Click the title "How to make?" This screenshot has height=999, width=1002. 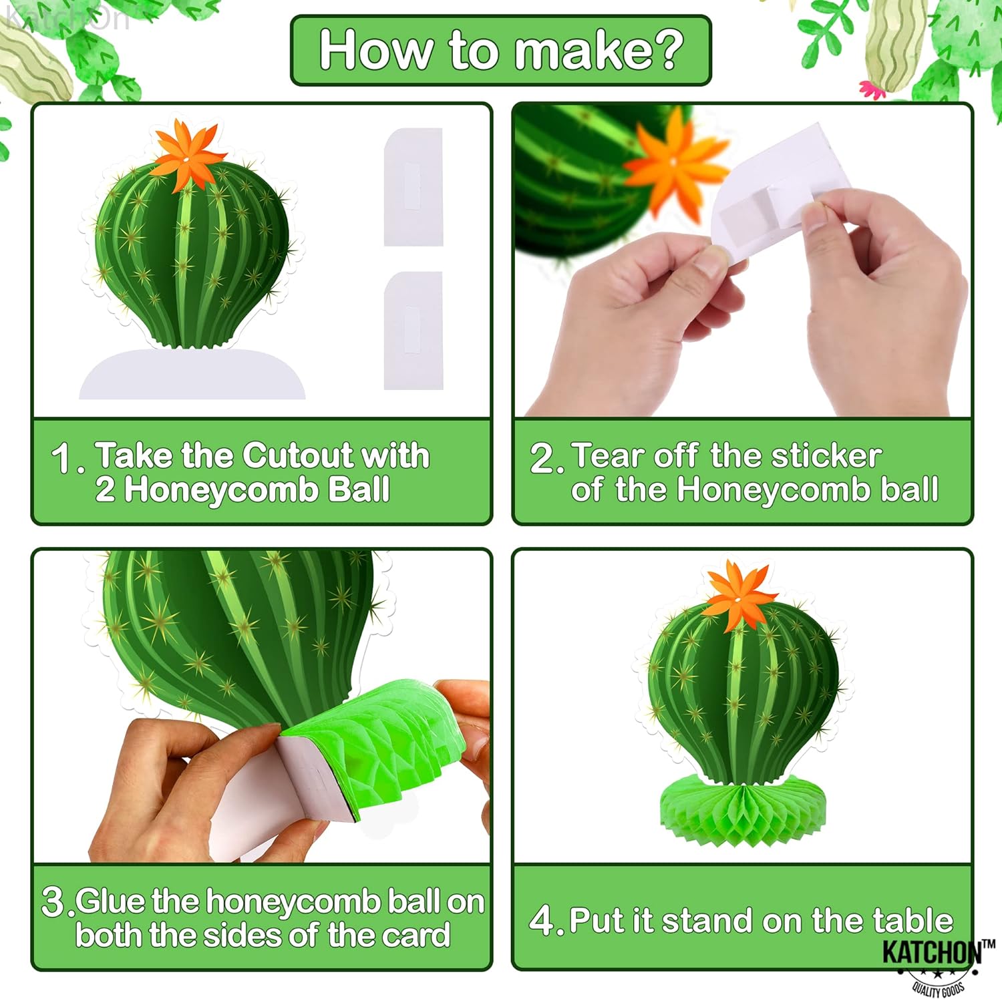pos(501,50)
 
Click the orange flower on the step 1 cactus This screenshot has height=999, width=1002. pos(188,154)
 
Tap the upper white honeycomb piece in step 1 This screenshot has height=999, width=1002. pos(413,187)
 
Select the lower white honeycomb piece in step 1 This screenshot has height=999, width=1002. pos(413,330)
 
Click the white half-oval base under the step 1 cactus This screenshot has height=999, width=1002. pos(192,375)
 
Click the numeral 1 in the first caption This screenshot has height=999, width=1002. pos(63,459)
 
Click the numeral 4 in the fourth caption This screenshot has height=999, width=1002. pos(542,921)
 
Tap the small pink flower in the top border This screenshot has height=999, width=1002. pos(870,89)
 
